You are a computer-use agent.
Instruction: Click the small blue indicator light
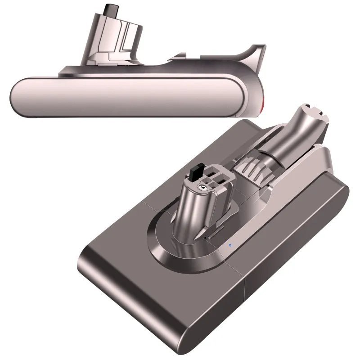tap(229, 246)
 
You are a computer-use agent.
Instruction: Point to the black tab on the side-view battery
tap(109, 9)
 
